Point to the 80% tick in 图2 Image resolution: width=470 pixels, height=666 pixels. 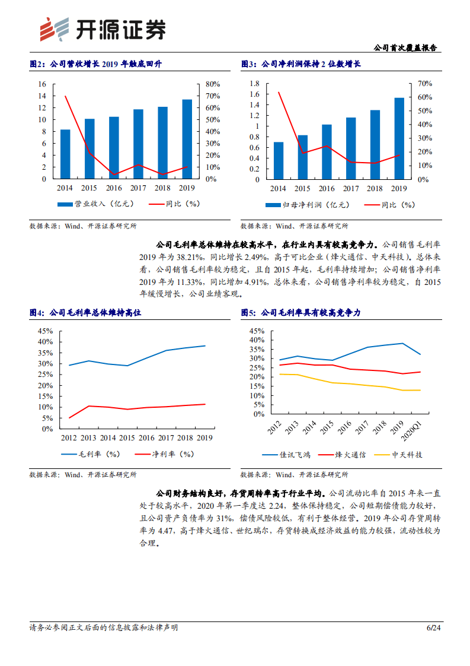click(212, 84)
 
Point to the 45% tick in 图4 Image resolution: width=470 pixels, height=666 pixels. click(45, 331)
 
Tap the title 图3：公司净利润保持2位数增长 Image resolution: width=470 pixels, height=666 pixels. click(301, 64)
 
